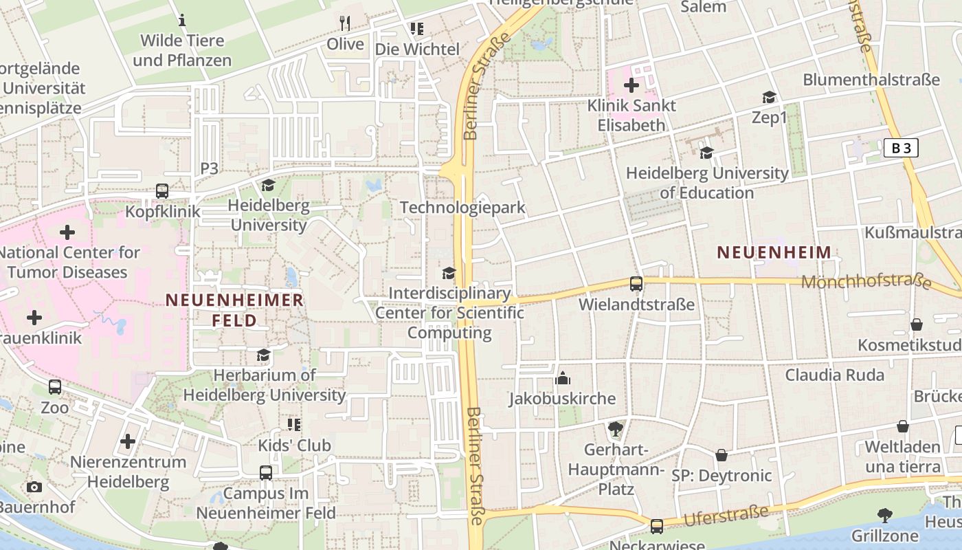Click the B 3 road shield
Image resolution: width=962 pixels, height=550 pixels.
[901, 148]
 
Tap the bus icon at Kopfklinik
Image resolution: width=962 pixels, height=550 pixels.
[162, 191]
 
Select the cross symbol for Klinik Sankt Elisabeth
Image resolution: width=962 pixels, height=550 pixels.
[631, 86]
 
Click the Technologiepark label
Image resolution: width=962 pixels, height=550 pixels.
[462, 208]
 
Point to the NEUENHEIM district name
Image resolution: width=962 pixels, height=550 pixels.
[774, 252]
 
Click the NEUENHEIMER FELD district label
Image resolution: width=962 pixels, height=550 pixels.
[234, 310]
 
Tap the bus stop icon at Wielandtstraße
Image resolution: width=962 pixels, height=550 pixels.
[636, 284]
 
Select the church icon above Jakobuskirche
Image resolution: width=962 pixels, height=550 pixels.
[563, 378]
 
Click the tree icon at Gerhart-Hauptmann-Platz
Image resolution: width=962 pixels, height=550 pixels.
[615, 430]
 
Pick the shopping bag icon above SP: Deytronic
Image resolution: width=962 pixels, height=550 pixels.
[721, 455]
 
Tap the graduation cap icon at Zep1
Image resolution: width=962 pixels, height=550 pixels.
[769, 98]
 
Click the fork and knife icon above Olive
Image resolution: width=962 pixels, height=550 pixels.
[345, 23]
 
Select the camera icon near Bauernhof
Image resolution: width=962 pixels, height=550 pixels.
[34, 487]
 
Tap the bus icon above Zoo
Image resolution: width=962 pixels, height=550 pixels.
[55, 387]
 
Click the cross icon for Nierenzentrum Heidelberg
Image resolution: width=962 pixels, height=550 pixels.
[128, 441]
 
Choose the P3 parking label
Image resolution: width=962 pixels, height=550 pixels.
[209, 168]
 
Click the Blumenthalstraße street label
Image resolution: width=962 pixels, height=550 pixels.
[871, 80]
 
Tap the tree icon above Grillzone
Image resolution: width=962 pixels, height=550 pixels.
[885, 515]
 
